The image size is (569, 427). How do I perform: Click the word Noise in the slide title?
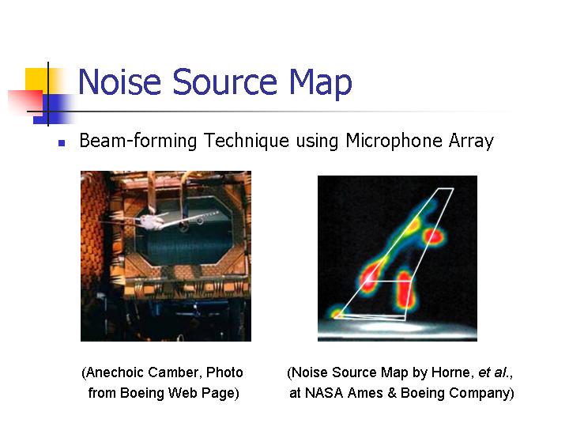coord(119,81)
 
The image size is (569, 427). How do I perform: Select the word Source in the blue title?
coord(224,81)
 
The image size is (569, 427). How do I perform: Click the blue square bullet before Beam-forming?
coord(62,143)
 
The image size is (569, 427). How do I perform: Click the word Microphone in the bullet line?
coord(394,141)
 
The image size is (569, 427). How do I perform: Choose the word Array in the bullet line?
coord(471,142)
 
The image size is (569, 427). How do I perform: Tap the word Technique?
coord(247,141)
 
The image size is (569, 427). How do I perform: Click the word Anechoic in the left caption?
coord(115,372)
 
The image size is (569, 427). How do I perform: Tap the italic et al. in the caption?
coord(494,372)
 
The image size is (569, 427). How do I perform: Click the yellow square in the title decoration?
coord(36,80)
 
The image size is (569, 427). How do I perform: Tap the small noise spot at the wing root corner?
coord(337,312)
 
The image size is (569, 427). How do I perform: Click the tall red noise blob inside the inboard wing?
coord(405,289)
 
